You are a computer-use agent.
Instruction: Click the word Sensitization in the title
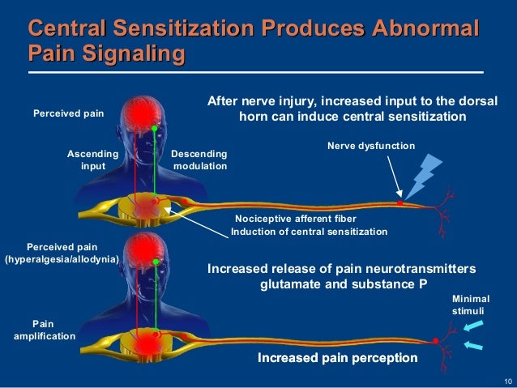point(190,31)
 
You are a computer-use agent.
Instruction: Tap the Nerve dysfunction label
point(371,146)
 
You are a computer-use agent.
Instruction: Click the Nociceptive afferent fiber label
point(295,219)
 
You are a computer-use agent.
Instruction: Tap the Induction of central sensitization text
point(309,232)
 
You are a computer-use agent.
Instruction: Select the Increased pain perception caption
point(337,357)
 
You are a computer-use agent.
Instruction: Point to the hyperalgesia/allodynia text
point(62,259)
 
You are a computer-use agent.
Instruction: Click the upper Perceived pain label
point(68,114)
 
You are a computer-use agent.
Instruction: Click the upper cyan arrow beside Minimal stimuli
point(476,326)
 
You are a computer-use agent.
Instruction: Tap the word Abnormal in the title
point(422,31)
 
